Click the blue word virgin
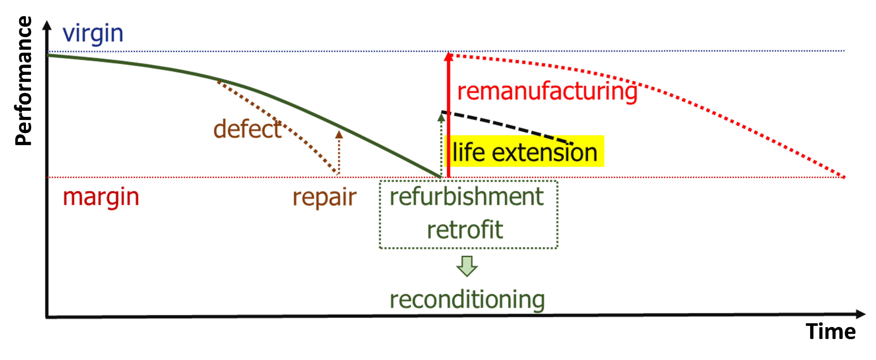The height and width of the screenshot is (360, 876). [x=93, y=34]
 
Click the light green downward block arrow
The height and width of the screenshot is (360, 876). [x=467, y=266]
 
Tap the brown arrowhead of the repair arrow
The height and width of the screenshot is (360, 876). [x=339, y=135]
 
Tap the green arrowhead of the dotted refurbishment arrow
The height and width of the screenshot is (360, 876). [x=441, y=118]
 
